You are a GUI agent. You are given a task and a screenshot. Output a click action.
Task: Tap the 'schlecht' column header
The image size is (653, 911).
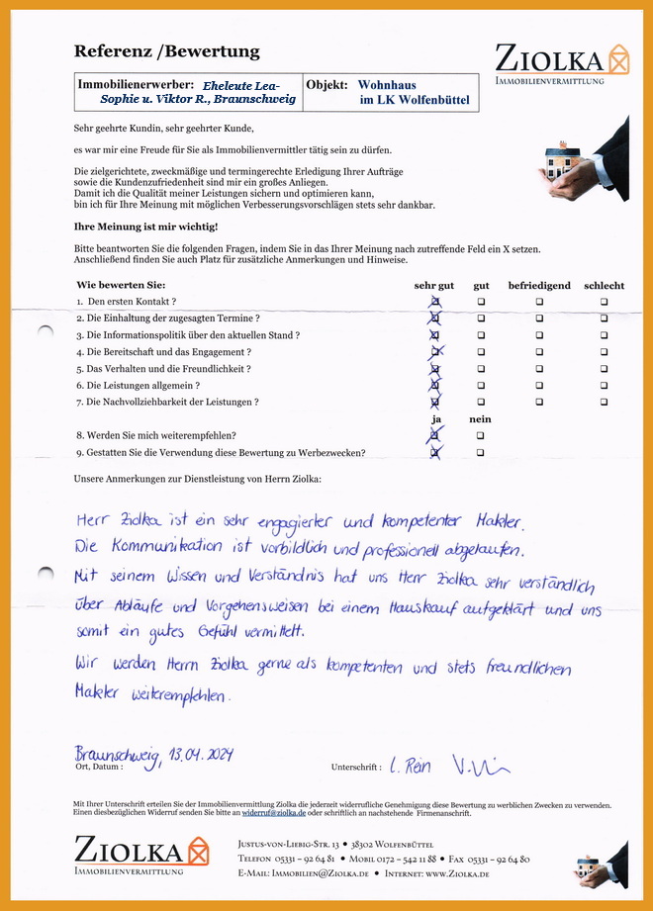[604, 286]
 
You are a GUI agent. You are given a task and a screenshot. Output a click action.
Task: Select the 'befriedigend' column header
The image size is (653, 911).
[539, 286]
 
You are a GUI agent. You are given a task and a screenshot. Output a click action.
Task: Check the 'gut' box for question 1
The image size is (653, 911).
[481, 302]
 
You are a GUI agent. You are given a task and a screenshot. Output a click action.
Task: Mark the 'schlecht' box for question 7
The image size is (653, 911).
[604, 403]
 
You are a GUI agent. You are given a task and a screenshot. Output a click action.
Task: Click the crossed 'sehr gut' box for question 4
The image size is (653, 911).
[435, 352]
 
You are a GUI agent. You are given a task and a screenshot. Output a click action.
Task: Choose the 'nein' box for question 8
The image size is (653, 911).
[481, 435]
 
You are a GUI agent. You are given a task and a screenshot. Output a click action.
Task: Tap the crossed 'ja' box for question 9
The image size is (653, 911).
[435, 452]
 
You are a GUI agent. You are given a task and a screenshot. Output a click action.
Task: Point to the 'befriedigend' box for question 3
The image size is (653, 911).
[540, 335]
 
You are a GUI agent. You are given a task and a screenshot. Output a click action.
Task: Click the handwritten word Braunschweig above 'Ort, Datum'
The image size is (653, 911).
[117, 757]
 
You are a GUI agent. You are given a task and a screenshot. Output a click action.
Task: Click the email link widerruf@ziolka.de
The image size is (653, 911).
[278, 812]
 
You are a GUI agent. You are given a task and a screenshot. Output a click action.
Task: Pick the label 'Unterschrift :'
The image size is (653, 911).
[355, 767]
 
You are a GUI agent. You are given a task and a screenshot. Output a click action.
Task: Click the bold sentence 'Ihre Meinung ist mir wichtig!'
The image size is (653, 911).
[146, 227]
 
